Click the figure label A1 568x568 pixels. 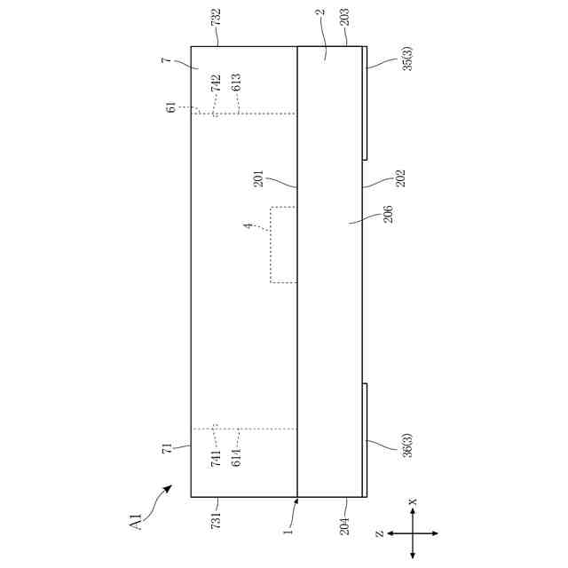coord(137,523)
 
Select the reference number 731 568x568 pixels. coord(216,519)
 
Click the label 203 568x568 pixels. coord(344,17)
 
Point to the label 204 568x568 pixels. coord(344,526)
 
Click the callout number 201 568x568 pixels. coord(258,178)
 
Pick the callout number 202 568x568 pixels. coord(400,178)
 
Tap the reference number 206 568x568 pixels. coord(388,214)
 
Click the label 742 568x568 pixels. coord(216,83)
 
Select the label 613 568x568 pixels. coord(236,82)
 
